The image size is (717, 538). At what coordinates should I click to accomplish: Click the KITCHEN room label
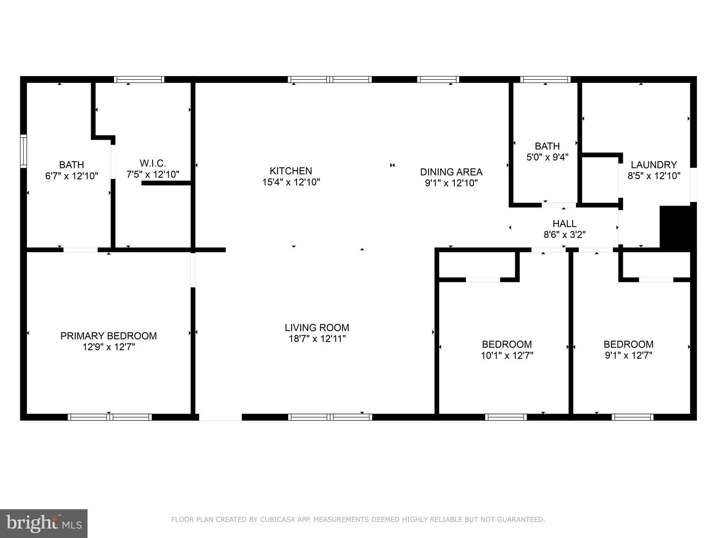(291, 171)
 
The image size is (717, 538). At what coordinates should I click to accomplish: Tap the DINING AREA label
(451, 172)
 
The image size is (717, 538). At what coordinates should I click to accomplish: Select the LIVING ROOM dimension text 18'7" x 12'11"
(317, 339)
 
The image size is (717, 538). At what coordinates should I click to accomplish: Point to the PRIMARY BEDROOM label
(109, 336)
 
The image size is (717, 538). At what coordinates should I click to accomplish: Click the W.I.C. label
(153, 163)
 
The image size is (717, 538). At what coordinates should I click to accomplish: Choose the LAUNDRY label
(653, 165)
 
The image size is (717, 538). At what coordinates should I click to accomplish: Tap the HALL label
(564, 223)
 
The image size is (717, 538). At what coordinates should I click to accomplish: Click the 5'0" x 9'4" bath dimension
(547, 157)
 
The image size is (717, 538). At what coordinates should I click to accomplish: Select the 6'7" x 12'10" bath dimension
(71, 176)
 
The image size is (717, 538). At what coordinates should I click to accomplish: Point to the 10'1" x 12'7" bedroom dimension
(507, 356)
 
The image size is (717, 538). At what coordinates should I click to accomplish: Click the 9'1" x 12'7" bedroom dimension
(628, 356)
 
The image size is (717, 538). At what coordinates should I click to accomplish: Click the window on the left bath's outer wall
(23, 151)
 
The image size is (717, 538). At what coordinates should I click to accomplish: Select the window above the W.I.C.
(139, 80)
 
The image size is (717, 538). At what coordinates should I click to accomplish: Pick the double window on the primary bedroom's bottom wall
(110, 417)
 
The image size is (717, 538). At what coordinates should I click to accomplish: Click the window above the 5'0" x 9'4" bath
(545, 80)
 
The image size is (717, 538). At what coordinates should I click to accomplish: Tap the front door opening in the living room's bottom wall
(220, 417)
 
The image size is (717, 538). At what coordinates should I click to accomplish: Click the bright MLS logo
(43, 523)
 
